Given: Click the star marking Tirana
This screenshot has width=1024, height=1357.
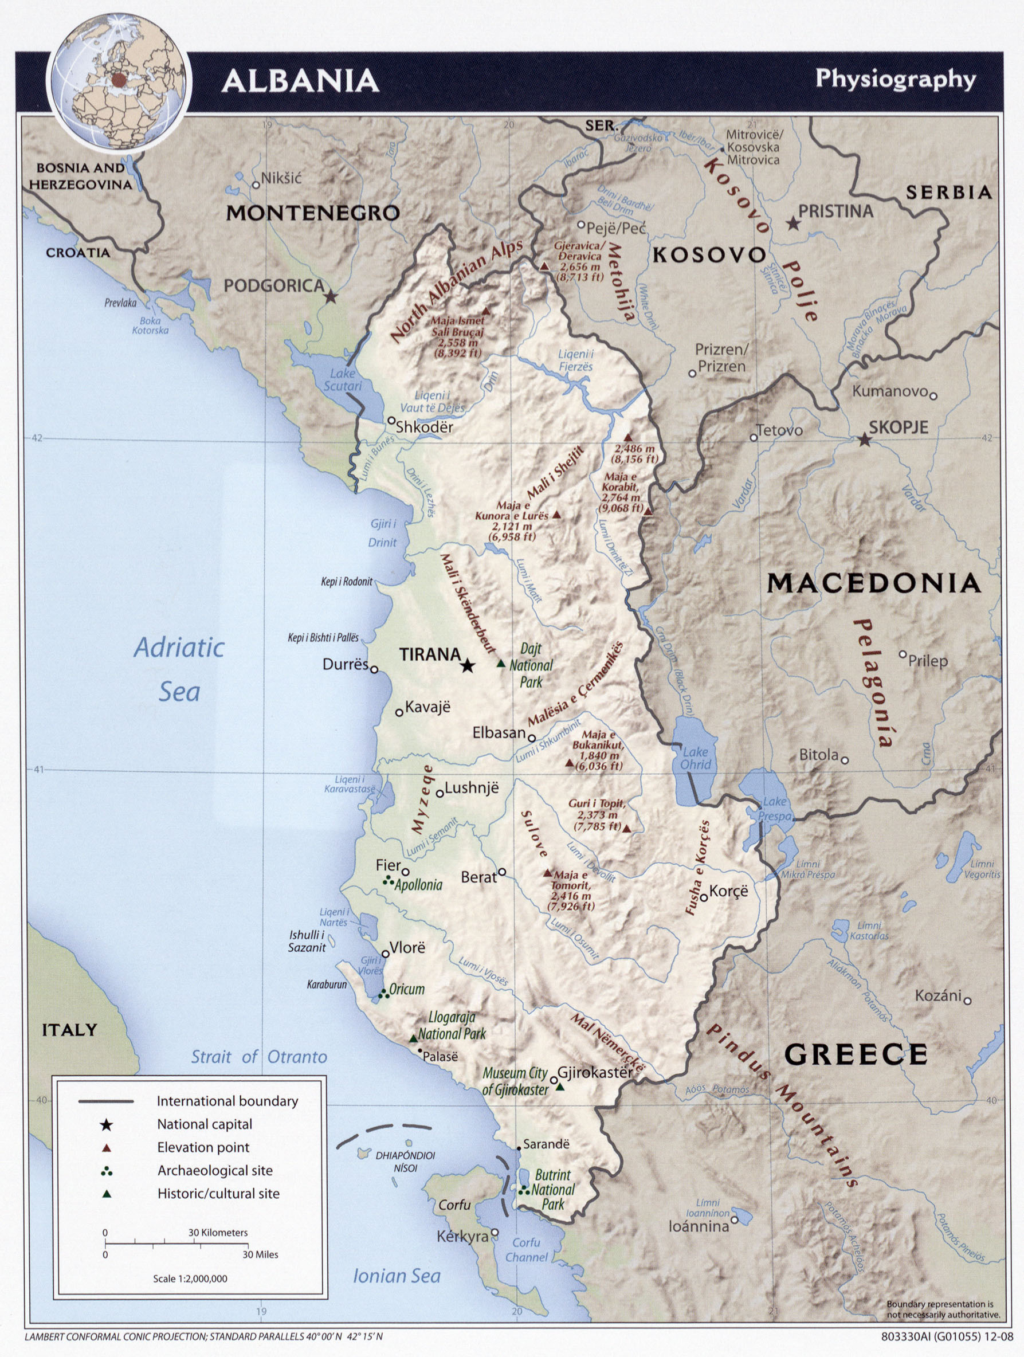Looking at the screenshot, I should click(x=468, y=666).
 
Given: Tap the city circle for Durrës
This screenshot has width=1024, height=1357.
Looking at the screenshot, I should click(x=374, y=669).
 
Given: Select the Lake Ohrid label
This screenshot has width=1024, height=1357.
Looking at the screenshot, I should click(x=696, y=758).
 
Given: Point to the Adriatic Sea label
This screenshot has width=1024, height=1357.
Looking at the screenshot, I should click(x=179, y=669).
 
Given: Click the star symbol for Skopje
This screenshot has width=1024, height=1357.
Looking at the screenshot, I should click(x=864, y=440).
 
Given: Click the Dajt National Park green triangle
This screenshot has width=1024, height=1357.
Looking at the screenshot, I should click(x=501, y=664).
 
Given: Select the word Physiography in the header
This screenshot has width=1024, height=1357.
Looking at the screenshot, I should click(x=895, y=80).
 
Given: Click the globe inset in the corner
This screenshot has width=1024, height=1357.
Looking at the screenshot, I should click(x=119, y=81).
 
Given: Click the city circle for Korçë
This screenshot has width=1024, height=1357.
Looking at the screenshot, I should click(x=704, y=897).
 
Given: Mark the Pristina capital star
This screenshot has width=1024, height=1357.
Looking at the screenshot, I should click(x=793, y=224).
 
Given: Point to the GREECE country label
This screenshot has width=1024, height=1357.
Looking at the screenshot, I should click(x=856, y=1054).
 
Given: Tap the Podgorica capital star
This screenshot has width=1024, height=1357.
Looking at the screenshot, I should click(x=331, y=297).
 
